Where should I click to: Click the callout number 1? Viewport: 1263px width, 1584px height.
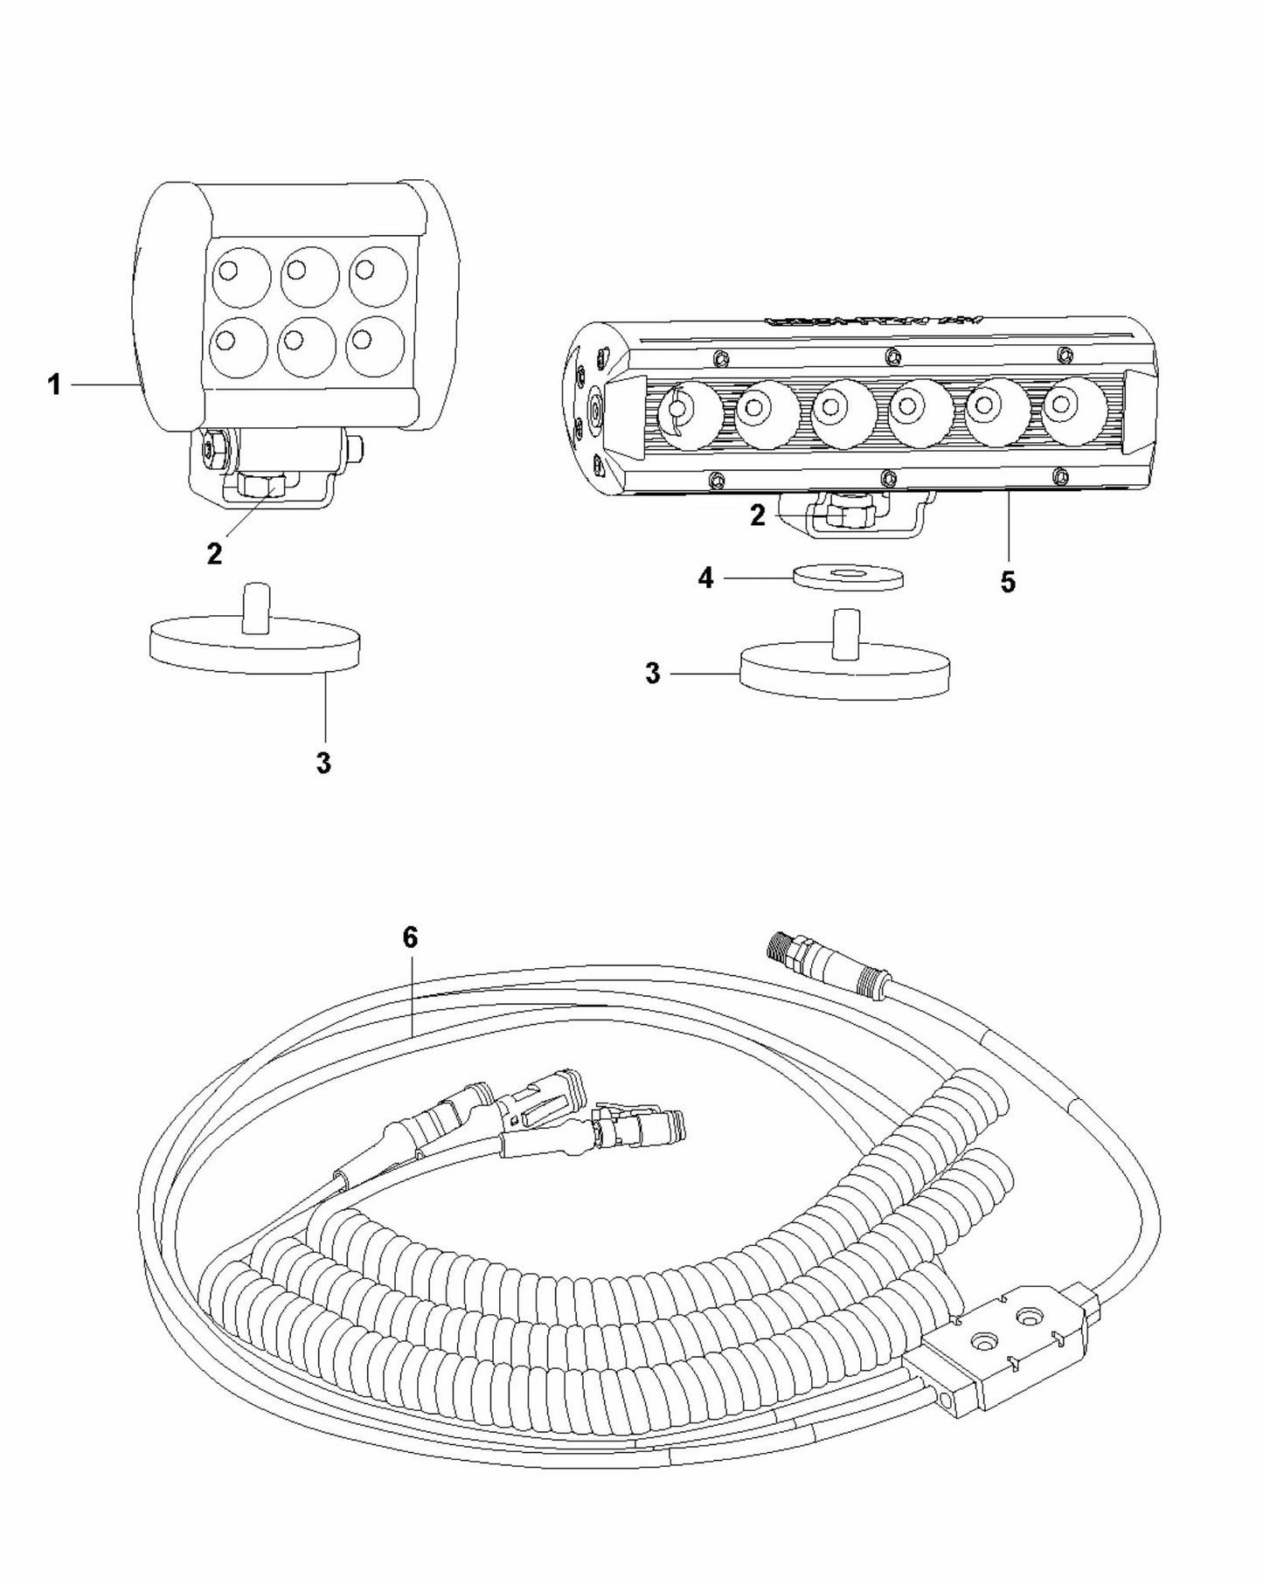point(55,384)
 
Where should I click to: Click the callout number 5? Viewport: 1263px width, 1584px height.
point(1008,583)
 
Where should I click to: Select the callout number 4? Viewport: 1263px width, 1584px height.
point(706,578)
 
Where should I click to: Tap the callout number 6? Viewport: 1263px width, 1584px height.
point(410,937)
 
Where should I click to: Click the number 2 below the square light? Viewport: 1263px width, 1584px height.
point(215,553)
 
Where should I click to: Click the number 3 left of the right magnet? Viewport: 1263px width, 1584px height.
point(653,674)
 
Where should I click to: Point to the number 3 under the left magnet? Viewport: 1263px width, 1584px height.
point(323,763)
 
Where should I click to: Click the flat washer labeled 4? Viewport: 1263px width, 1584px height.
point(848,577)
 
